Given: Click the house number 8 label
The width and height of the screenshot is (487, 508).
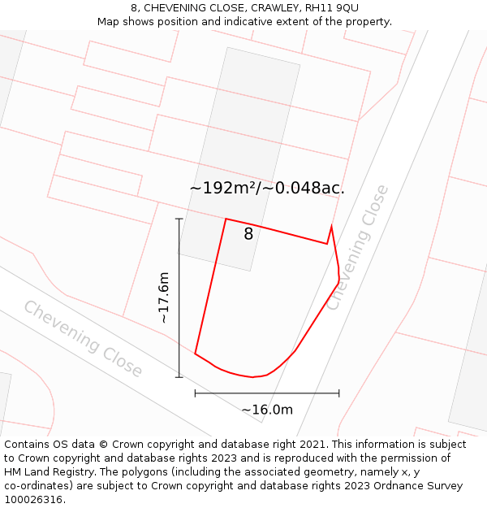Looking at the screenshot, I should [x=248, y=234].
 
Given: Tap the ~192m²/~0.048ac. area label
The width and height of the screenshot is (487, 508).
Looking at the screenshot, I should [x=266, y=188].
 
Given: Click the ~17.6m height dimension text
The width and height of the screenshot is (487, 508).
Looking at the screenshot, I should [x=164, y=297].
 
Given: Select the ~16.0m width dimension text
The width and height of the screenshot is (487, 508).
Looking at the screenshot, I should [x=267, y=410].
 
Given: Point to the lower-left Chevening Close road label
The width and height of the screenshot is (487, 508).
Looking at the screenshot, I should [x=83, y=339].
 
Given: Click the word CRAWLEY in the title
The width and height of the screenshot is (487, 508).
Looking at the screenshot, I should [x=274, y=8].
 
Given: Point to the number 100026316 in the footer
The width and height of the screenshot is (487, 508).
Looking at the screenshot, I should [x=33, y=500].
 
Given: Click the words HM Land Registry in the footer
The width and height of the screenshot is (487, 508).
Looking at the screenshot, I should [x=42, y=472].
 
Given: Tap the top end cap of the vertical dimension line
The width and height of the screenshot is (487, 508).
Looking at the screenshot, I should [x=179, y=219].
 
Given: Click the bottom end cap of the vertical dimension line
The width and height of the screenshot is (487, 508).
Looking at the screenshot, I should [x=179, y=377].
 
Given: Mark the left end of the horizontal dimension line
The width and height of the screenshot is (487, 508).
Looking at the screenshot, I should [x=195, y=393].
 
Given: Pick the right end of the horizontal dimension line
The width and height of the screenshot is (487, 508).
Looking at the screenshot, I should [x=339, y=393].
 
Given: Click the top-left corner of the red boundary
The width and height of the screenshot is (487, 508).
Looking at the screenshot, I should [x=226, y=219].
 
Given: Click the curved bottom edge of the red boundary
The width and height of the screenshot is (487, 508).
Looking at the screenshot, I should [x=252, y=376].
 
